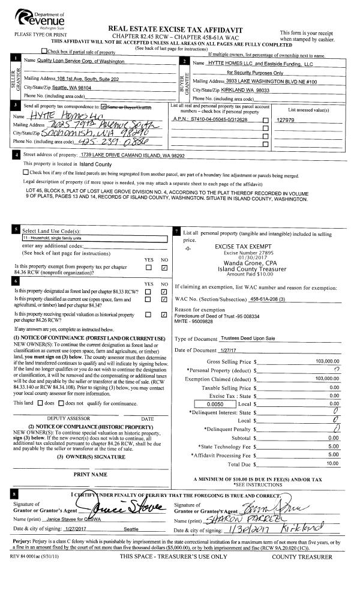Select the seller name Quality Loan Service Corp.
click(x=74, y=62)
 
